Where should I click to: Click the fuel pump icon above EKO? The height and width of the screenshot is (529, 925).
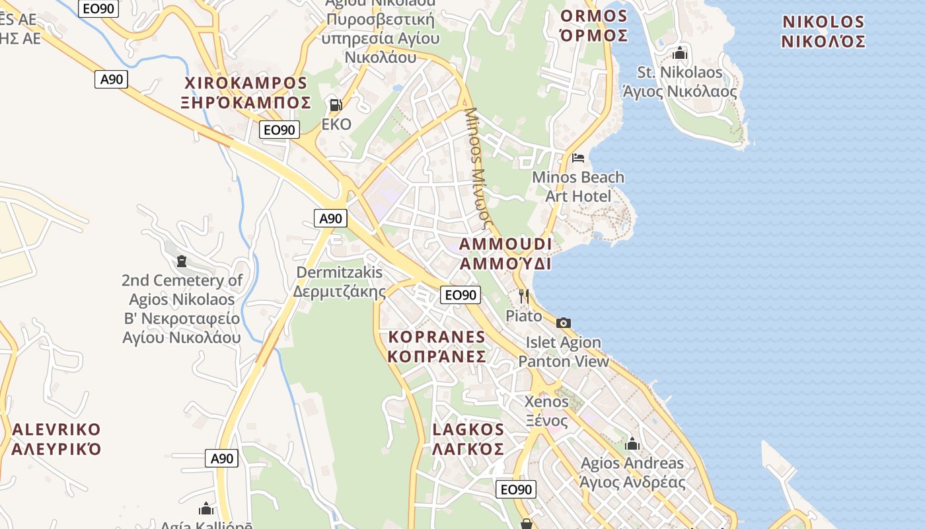336,104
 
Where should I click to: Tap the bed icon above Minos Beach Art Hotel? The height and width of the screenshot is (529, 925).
578,157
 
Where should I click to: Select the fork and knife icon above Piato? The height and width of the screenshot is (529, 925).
524,296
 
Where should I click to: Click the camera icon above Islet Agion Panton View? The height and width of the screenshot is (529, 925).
564,323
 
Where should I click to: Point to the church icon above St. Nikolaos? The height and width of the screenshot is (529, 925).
680,53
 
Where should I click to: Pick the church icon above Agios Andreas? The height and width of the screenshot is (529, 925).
632,444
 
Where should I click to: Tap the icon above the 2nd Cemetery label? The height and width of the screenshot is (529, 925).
182,261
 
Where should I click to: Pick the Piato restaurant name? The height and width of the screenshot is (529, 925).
524,315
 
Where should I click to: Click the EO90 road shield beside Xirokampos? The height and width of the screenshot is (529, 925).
279,130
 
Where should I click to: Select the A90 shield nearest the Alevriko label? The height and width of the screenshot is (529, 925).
221,458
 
